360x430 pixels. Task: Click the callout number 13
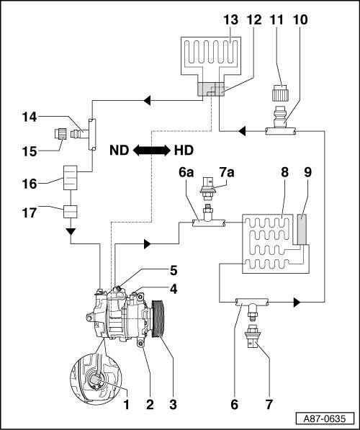(230, 19)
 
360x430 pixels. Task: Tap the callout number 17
(30, 212)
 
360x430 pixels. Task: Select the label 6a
(186, 172)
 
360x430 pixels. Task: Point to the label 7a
(227, 172)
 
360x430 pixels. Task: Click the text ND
(120, 151)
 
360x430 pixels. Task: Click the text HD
(184, 151)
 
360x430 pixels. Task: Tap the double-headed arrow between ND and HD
(152, 151)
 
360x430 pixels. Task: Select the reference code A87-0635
(325, 418)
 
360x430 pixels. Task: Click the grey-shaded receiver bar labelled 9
(302, 229)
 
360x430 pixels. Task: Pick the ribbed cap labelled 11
(279, 93)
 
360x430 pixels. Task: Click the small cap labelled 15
(60, 134)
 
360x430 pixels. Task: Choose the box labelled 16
(71, 178)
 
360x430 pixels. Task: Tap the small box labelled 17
(71, 212)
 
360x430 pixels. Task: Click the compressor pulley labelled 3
(158, 318)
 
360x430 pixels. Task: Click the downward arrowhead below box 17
(71, 231)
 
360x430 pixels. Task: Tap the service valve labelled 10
(280, 117)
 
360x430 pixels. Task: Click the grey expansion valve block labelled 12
(211, 89)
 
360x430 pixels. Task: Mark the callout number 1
(127, 404)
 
